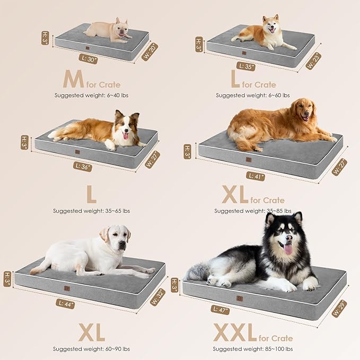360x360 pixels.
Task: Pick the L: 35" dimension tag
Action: [x=247, y=67]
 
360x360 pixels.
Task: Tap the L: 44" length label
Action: [x=65, y=304]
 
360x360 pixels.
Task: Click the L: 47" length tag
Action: [x=220, y=309]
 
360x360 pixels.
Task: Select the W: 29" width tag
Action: [x=339, y=308]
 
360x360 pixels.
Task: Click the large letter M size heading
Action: [x=73, y=80]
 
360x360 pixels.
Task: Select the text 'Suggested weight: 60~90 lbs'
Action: [x=91, y=349]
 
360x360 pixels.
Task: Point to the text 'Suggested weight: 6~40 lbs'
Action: [x=91, y=95]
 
